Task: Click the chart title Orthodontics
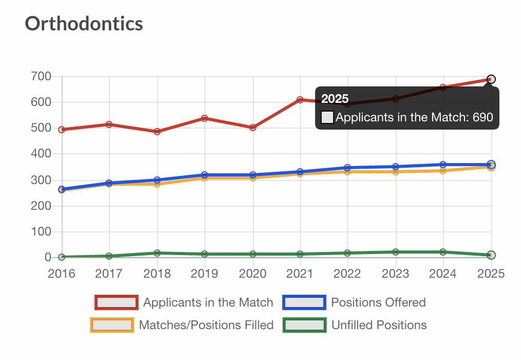[x=84, y=23]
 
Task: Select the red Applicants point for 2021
[x=300, y=100]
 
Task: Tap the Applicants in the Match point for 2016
[x=62, y=130]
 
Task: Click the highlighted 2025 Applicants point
[x=491, y=79]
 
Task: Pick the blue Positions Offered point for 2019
[x=204, y=175]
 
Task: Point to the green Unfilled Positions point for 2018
[x=157, y=253]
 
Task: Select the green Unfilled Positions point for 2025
[x=491, y=255]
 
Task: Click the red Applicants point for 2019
[x=204, y=118]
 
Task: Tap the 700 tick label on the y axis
[x=41, y=77]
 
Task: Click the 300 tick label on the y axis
[x=41, y=180]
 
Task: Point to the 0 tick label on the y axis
[x=47, y=257]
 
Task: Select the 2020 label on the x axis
[x=252, y=274]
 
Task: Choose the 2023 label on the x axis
[x=395, y=274]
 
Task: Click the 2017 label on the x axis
[x=109, y=274]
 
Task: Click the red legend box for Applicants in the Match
[x=117, y=302]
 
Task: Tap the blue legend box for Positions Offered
[x=304, y=302]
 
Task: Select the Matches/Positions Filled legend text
[x=206, y=325]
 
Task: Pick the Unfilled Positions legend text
[x=379, y=325]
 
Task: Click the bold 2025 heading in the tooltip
[x=335, y=99]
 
